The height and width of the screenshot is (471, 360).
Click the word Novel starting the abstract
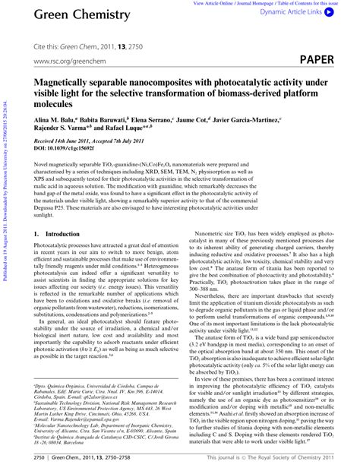pyautogui.click(x=43, y=163)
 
